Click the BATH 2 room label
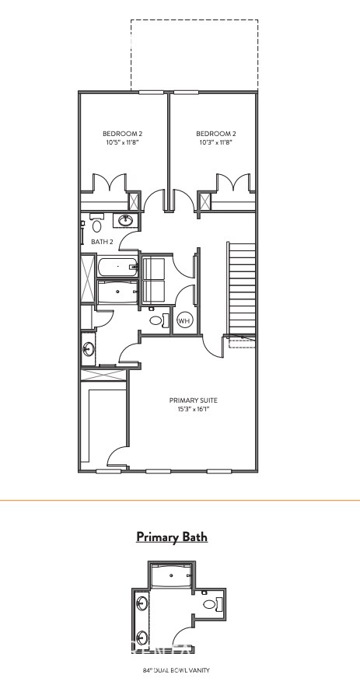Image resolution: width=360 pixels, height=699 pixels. click(103, 242)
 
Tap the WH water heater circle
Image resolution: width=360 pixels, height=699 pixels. click(184, 320)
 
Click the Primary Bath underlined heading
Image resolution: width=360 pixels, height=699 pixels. click(172, 536)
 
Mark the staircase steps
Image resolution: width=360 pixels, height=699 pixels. click(241, 288)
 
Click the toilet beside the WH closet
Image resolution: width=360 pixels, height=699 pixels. click(156, 320)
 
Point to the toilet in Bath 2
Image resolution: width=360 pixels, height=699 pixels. click(97, 225)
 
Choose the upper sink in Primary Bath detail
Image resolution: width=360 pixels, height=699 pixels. click(142, 603)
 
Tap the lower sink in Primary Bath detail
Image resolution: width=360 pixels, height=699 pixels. click(142, 638)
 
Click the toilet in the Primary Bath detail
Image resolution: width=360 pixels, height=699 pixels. click(210, 603)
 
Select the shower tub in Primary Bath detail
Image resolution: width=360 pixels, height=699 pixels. click(171, 577)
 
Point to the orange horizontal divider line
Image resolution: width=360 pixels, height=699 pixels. click(180, 500)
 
